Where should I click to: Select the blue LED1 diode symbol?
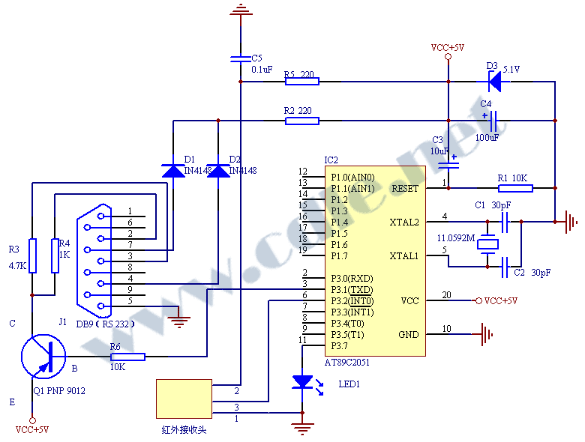click(302, 382)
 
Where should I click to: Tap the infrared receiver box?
click(184, 399)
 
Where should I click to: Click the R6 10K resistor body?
click(127, 357)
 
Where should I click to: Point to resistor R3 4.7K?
click(32, 255)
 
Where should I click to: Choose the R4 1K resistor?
click(55, 255)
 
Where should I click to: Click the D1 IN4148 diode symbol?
click(172, 170)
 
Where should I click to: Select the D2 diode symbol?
click(218, 170)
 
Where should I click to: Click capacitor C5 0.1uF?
click(241, 58)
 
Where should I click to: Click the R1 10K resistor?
click(515, 187)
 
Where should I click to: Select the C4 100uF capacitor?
click(495, 120)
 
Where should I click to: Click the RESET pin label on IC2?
click(404, 188)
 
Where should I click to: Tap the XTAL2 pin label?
click(404, 222)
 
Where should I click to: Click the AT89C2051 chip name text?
click(347, 362)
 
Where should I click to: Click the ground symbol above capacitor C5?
click(241, 9)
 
